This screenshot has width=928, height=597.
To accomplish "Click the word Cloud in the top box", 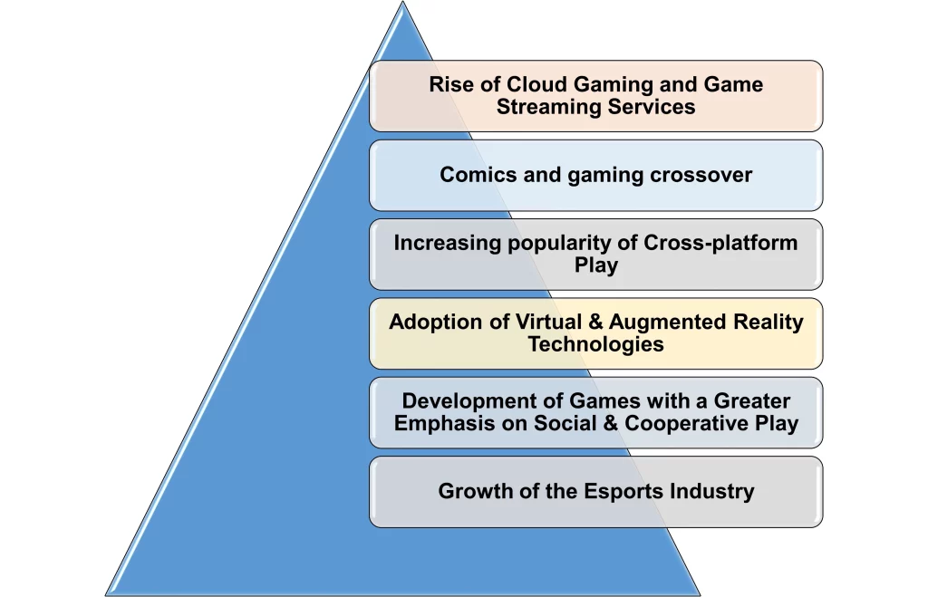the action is (536, 84).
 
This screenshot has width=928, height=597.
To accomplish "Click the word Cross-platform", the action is (720, 243).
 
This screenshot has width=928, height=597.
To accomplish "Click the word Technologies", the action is (596, 344).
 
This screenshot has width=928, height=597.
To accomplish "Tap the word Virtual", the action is (548, 322).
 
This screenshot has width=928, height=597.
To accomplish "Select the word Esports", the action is (623, 491).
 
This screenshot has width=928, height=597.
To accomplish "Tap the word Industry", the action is (712, 492).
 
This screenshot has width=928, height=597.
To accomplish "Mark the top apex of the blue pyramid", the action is (402, 2).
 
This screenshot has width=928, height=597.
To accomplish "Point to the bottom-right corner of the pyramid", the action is (700, 594).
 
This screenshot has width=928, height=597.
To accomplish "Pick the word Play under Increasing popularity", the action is (596, 265).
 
